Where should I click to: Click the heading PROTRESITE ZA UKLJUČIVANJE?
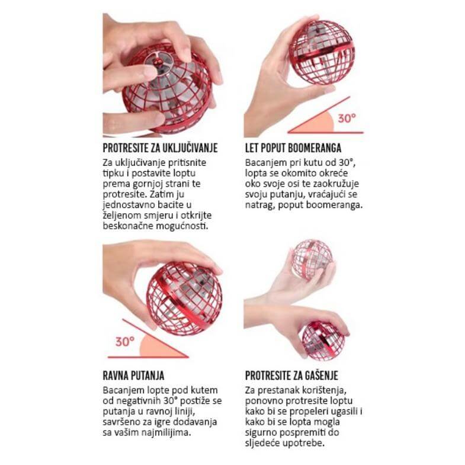pos(160,148)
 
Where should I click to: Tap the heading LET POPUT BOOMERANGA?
pos(293,148)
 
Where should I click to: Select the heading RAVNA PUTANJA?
pos(133,376)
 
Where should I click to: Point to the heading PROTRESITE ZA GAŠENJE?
pos(291,376)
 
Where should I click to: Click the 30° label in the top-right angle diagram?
pos(347,118)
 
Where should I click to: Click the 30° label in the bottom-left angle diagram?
pos(125,342)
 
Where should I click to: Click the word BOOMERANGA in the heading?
pos(317,148)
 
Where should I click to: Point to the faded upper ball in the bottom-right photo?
pos(312,259)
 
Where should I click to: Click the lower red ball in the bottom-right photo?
pos(323,341)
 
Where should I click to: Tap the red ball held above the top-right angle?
pos(322,52)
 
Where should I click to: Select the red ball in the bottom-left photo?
pos(184,299)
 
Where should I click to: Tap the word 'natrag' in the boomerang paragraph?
pos(260,205)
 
